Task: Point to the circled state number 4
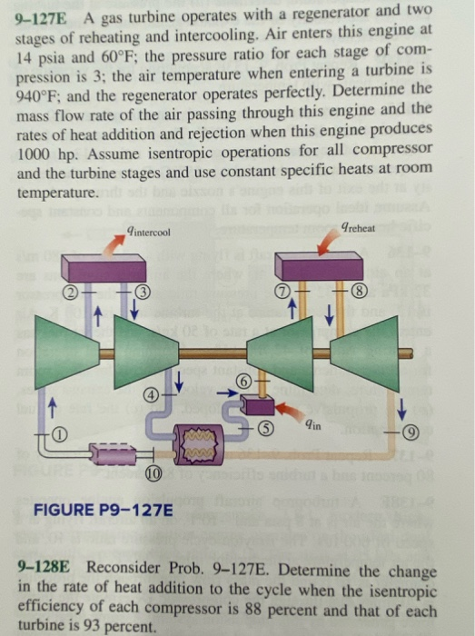pyautogui.click(x=153, y=394)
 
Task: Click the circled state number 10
pyautogui.click(x=154, y=472)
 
